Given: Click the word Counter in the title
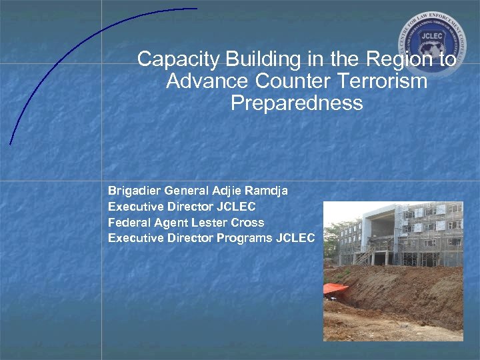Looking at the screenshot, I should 283,82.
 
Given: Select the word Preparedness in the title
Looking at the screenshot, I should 297,104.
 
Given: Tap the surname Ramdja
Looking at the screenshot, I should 265,191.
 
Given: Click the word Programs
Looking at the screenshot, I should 244,239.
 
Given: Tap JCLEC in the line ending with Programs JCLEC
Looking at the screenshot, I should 294,239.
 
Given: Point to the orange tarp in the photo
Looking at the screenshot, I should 335,289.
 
